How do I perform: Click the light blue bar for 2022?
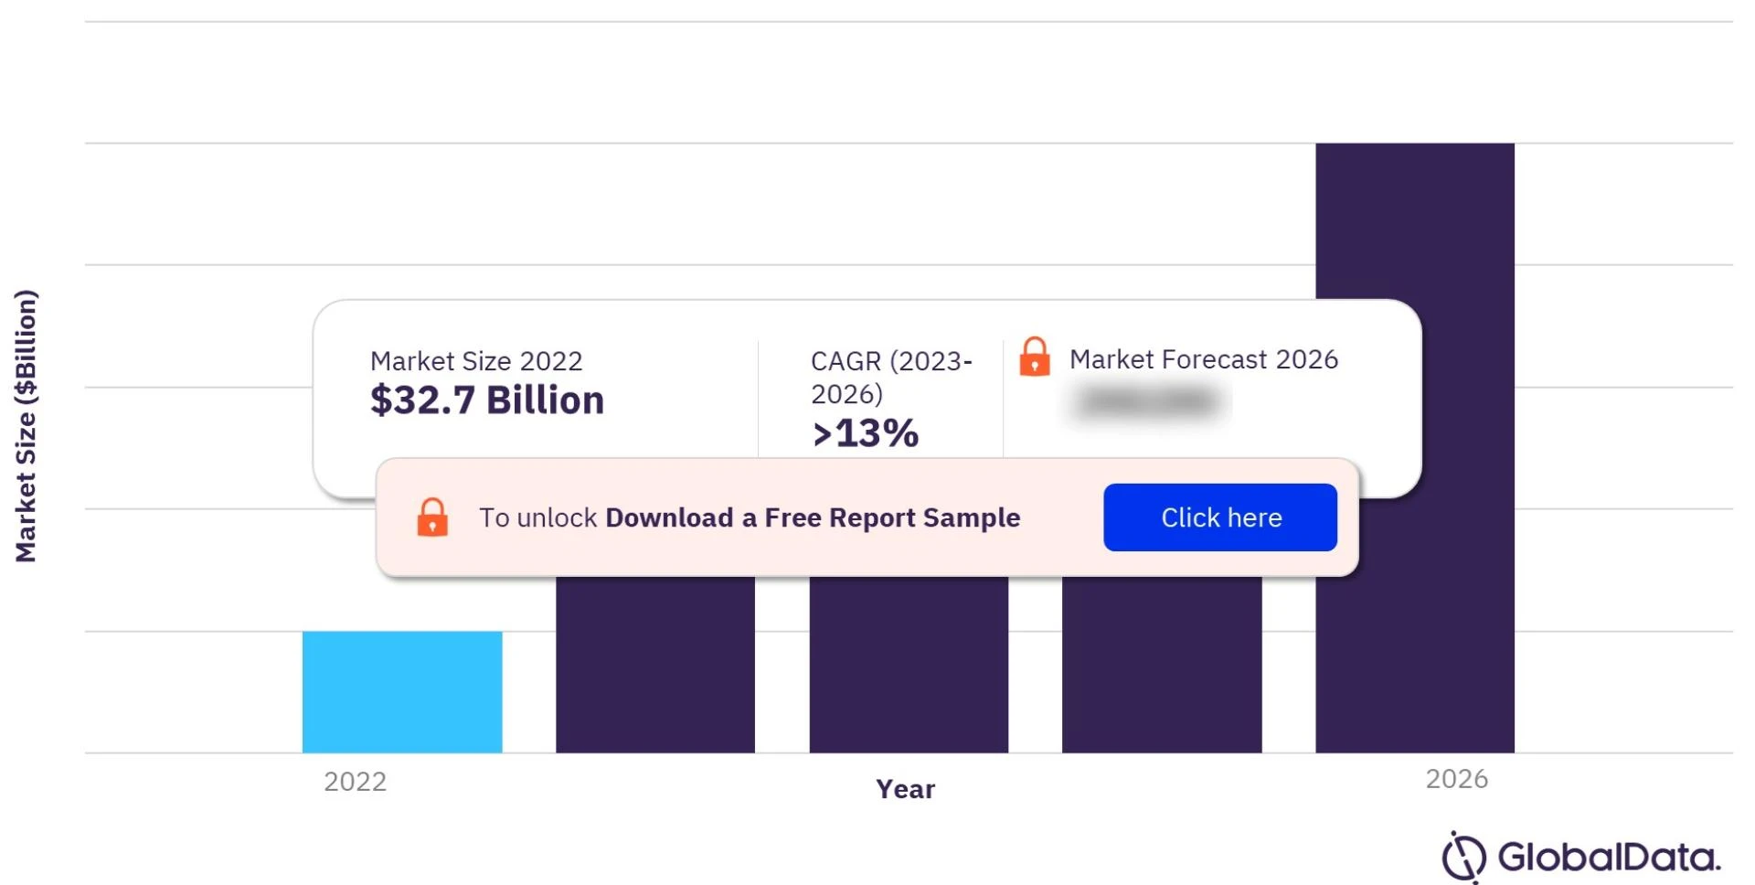click(x=402, y=691)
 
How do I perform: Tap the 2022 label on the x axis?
click(x=356, y=782)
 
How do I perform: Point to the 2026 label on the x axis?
click(x=1457, y=779)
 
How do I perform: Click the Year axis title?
click(x=905, y=789)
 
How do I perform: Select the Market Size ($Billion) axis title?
click(x=26, y=426)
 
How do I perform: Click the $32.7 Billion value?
click(x=487, y=400)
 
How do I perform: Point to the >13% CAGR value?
click(x=866, y=433)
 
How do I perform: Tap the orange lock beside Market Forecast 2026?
click(x=1035, y=357)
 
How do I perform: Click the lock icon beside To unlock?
click(x=432, y=517)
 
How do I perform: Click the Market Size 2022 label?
click(x=476, y=361)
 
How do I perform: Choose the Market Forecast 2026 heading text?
click(x=1204, y=359)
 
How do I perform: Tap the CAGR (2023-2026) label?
click(x=891, y=377)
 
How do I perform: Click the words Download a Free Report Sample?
click(x=813, y=517)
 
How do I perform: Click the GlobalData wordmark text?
click(x=1609, y=858)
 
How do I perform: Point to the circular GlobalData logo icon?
click(x=1463, y=857)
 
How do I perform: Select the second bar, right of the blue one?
click(x=655, y=664)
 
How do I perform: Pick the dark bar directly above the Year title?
click(x=909, y=664)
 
